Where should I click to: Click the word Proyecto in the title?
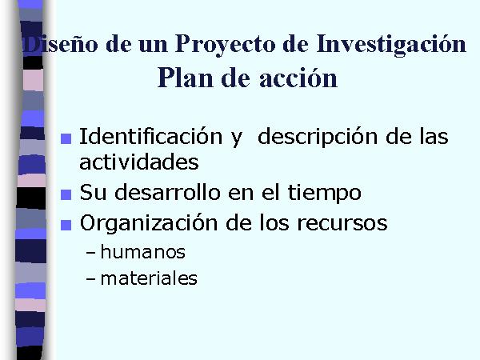click(x=226, y=44)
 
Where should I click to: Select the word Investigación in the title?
click(x=391, y=44)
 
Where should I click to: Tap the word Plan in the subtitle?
click(x=185, y=78)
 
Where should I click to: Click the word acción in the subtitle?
click(x=298, y=78)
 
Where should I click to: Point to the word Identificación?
click(x=150, y=136)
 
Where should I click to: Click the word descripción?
click(x=318, y=137)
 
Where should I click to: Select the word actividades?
click(x=139, y=162)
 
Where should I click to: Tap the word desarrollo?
click(x=167, y=193)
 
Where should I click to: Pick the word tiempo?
click(x=325, y=193)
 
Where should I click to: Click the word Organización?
click(x=149, y=222)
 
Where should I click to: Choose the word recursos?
click(x=342, y=223)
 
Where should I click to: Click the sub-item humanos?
click(x=142, y=252)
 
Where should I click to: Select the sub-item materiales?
click(x=149, y=278)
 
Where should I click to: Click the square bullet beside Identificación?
click(x=66, y=138)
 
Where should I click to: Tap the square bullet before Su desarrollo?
click(x=66, y=194)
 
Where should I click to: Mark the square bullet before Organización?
click(x=66, y=225)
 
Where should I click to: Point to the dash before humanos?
click(x=91, y=254)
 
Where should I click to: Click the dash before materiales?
click(x=91, y=279)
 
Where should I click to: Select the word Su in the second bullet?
click(x=93, y=193)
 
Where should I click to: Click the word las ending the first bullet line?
click(x=434, y=137)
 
